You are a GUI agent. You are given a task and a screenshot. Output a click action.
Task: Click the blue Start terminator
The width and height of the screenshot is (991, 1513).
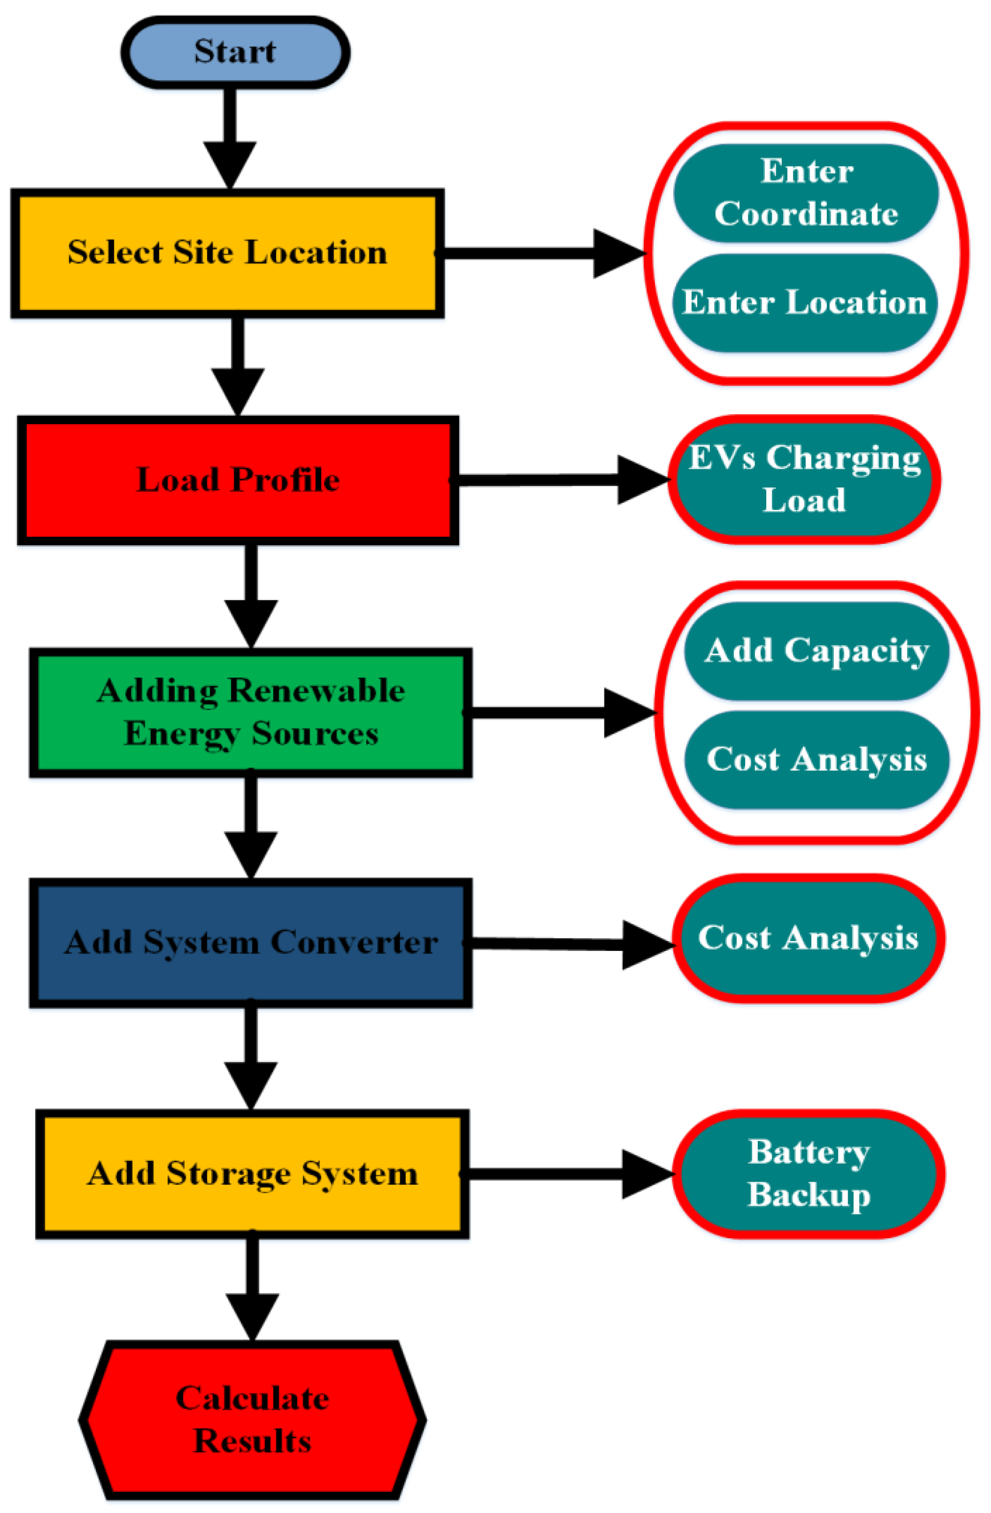[235, 53]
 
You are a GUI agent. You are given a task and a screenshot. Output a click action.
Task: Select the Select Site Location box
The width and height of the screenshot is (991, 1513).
[227, 252]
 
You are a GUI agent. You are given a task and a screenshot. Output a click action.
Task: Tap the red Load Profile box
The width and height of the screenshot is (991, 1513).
[238, 480]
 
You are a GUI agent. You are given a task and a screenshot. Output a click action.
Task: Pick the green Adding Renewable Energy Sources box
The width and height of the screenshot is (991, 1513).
[251, 712]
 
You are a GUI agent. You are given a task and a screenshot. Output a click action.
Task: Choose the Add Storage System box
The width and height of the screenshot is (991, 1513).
[252, 1173]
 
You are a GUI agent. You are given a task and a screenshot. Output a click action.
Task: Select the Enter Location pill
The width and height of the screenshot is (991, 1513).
[804, 303]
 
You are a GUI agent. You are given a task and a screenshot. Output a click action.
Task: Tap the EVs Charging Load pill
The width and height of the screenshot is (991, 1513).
[804, 479]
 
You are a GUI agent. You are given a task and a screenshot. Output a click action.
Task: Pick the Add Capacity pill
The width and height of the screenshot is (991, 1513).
[816, 651]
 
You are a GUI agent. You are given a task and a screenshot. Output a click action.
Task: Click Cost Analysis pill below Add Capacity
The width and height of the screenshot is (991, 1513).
[816, 760]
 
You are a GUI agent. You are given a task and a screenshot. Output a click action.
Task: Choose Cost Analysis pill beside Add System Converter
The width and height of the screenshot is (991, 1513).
[808, 938]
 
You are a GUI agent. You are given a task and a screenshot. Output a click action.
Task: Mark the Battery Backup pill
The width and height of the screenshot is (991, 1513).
[808, 1173]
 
